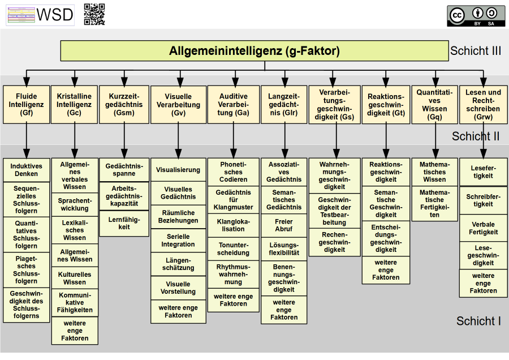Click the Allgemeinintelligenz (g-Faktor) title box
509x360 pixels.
pos(254,51)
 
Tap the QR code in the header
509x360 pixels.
pos(94,14)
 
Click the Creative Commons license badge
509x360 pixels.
pos(476,15)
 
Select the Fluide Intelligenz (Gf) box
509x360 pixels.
pos(26,105)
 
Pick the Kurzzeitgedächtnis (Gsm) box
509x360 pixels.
pos(124,105)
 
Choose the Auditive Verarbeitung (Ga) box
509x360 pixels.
pos(234,105)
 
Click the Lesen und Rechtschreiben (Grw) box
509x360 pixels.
pos(483,105)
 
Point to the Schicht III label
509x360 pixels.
pos(476,51)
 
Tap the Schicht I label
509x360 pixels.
pos(478,322)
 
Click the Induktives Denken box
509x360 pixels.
pos(27,170)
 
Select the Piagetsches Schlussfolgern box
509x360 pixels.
pos(27,269)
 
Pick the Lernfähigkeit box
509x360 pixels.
pos(124,223)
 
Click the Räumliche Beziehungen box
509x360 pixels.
pos(178,216)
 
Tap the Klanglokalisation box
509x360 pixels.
pos(234,225)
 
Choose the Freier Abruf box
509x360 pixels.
pos(284,225)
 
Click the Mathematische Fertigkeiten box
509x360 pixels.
pos(434,203)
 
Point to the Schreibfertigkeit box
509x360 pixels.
pos(483,200)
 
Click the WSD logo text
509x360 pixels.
pos(54,15)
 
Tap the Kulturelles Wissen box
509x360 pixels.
pos(75,278)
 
